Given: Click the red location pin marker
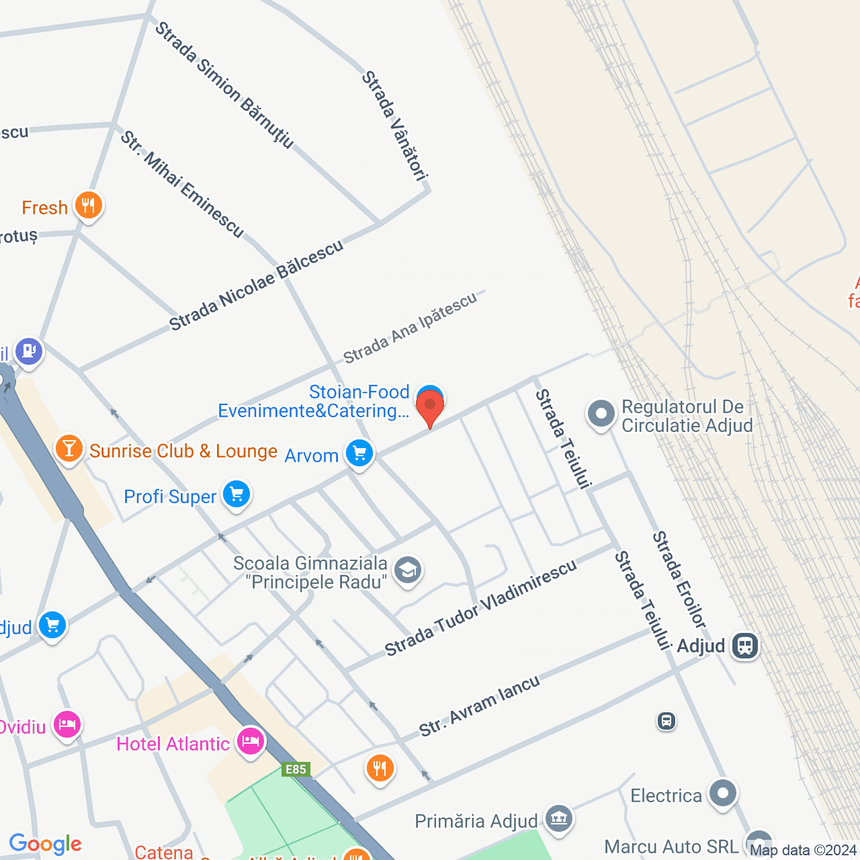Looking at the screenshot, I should pyautogui.click(x=430, y=407).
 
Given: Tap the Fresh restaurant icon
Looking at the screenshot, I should pyautogui.click(x=89, y=206).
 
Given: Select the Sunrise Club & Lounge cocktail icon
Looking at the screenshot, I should pyautogui.click(x=69, y=449).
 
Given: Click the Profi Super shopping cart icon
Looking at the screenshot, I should pyautogui.click(x=236, y=495).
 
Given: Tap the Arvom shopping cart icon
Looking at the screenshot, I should pyautogui.click(x=359, y=454).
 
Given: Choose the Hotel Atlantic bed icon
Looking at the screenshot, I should pyautogui.click(x=250, y=742).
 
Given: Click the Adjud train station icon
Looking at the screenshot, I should pyautogui.click(x=745, y=646).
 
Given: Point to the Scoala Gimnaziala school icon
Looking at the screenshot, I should pyautogui.click(x=407, y=571).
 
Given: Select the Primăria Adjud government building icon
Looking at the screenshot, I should pyautogui.click(x=558, y=819).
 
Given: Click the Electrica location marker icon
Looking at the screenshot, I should pyautogui.click(x=723, y=794).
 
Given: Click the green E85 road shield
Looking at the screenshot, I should pyautogui.click(x=296, y=770).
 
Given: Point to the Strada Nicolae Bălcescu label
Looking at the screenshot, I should pyautogui.click(x=256, y=286).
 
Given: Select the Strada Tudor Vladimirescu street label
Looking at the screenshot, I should pyautogui.click(x=480, y=608).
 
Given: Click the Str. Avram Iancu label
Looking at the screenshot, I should pyautogui.click(x=479, y=706).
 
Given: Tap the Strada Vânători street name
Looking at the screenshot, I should pyautogui.click(x=394, y=126).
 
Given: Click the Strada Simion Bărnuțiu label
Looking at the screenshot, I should pyautogui.click(x=224, y=85).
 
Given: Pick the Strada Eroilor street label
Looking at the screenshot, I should pyautogui.click(x=679, y=580).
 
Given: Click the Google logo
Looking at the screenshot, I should pyautogui.click(x=45, y=844).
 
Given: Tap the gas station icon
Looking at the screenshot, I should pyautogui.click(x=28, y=351).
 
